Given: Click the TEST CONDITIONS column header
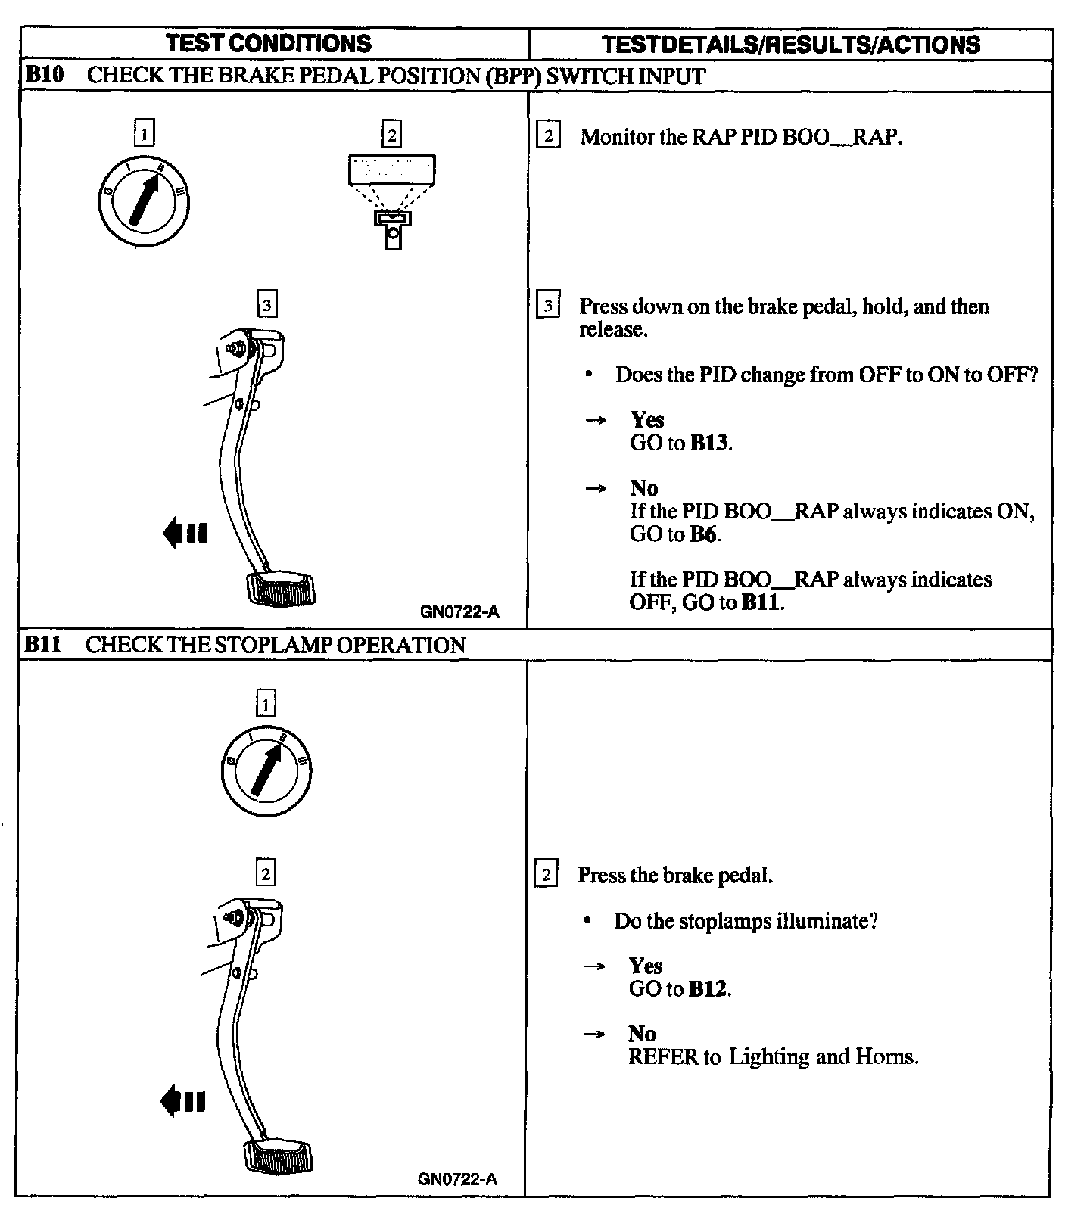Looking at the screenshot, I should (x=269, y=43).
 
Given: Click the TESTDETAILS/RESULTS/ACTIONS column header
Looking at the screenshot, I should (x=791, y=44).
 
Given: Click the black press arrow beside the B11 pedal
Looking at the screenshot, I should (x=183, y=1100).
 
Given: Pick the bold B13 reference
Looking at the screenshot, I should (x=709, y=443).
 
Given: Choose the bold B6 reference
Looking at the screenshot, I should (x=703, y=534).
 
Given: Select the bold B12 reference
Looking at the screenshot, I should (x=708, y=988).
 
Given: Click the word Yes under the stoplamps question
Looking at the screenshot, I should (x=646, y=966).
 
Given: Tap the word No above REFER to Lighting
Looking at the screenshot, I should (x=642, y=1034).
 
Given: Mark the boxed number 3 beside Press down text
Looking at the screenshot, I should (x=548, y=306).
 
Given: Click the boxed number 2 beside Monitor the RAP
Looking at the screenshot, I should (x=548, y=136).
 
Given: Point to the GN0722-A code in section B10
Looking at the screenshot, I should (x=459, y=612).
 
